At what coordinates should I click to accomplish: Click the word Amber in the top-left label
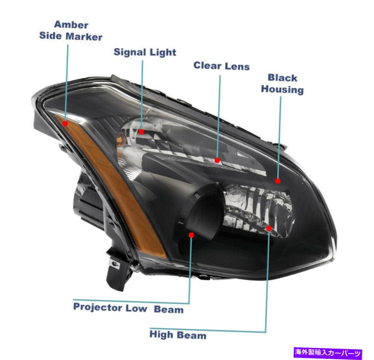71,25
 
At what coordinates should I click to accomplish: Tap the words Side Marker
71,36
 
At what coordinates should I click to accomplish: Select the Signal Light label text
145,52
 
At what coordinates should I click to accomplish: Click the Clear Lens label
221,66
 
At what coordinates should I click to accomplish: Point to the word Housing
282,89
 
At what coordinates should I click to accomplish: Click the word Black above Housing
282,78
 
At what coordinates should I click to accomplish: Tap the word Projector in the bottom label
98,307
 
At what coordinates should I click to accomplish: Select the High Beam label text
178,335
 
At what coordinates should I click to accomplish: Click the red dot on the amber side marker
65,123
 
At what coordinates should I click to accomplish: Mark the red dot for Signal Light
141,131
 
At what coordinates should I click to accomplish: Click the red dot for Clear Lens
217,160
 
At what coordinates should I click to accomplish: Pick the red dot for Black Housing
278,181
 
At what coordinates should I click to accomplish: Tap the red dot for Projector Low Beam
191,235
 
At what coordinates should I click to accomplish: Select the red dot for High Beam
269,228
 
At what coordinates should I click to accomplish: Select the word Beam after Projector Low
169,309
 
